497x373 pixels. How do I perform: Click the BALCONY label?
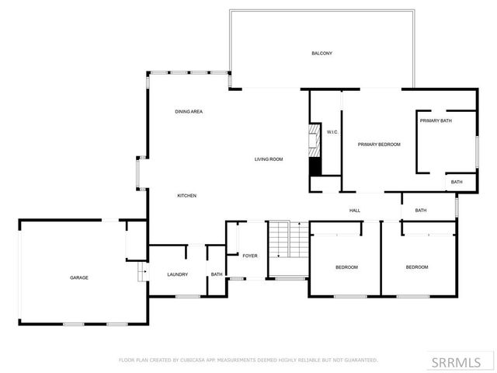tap(322, 53)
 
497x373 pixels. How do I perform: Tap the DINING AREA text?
tap(189, 112)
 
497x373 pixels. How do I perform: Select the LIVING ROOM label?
tap(269, 159)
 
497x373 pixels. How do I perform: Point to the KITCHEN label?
tap(186, 195)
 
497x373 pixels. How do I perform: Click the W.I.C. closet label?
tap(332, 132)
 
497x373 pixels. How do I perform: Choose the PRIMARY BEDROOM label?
tap(379, 145)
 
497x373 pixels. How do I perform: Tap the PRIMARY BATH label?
tap(436, 120)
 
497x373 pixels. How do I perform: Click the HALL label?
tap(355, 210)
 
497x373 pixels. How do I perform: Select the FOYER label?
tap(250, 256)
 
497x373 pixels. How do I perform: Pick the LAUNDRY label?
tap(178, 274)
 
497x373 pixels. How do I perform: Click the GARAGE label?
tap(79, 277)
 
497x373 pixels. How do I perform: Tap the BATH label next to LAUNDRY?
tap(217, 274)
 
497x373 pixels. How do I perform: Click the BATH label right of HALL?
tap(420, 211)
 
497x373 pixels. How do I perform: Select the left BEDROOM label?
tap(346, 267)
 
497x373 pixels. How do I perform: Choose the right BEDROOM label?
tap(417, 267)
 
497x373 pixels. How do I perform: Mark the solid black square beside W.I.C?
tap(315, 166)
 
